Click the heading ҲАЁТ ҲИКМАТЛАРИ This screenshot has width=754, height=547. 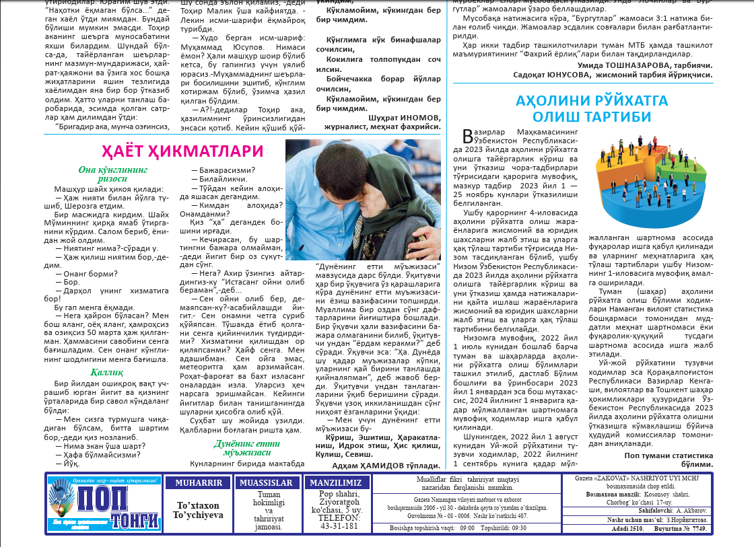click(x=182, y=151)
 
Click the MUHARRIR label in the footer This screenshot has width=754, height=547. click(x=198, y=483)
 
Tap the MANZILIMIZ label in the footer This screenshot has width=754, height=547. click(x=337, y=483)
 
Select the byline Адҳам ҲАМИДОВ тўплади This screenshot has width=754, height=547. click(x=386, y=465)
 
